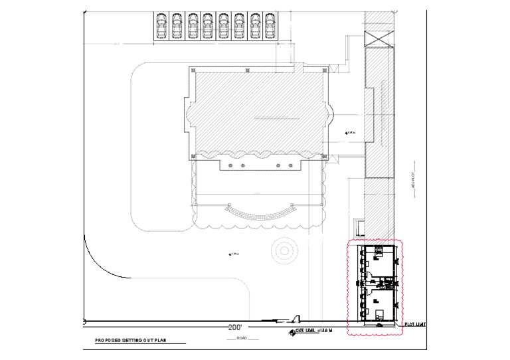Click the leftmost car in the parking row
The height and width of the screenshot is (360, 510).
pyautogui.click(x=161, y=26)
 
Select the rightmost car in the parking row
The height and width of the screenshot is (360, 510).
pyautogui.click(x=270, y=26)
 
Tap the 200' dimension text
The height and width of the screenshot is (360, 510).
pyautogui.click(x=234, y=327)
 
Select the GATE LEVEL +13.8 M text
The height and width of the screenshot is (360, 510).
pyautogui.click(x=316, y=330)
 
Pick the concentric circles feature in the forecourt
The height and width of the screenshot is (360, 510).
pyautogui.click(x=285, y=250)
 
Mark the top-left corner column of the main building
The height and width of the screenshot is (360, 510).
pyautogui.click(x=193, y=70)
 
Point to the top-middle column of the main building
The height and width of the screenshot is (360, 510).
pyautogui.click(x=248, y=69)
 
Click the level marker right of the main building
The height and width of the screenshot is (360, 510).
pyautogui.click(x=348, y=134)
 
